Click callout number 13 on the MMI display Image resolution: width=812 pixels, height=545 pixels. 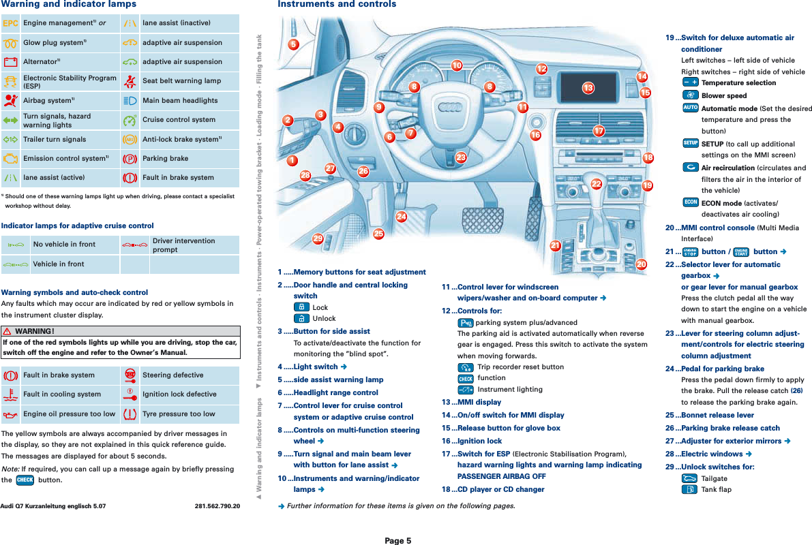(588, 87)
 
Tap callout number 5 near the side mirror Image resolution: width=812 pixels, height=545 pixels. (293, 45)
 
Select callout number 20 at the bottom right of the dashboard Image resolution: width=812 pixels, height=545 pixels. (641, 264)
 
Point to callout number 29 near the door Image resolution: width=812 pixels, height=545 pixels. (318, 238)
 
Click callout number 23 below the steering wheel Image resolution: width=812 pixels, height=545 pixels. (461, 158)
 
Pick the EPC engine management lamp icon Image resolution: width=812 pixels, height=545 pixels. (10, 23)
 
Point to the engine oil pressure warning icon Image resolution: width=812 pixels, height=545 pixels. (10, 414)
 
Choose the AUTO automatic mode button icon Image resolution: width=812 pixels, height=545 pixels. (689, 108)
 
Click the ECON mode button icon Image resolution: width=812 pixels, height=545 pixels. (689, 202)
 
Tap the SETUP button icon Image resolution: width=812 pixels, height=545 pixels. (689, 143)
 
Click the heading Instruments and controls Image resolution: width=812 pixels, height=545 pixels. (336, 5)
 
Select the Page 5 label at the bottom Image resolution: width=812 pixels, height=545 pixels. (397, 540)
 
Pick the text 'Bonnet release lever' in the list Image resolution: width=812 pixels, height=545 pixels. (717, 415)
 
